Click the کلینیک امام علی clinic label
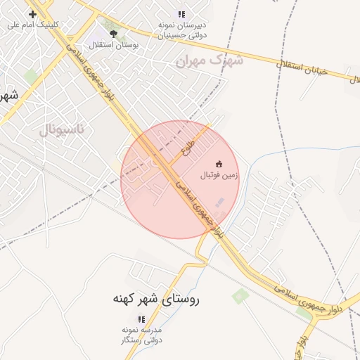pos(33,25)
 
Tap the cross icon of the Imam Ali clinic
pos(33,14)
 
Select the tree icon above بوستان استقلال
pos(114,33)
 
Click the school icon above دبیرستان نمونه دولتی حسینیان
pos(181,14)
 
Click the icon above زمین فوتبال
pos(219,164)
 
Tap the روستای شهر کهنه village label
pos(156,299)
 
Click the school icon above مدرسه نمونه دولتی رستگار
pos(141,319)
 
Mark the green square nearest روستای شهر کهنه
pos(240,295)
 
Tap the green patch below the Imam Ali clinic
pos(31,75)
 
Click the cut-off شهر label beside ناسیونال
pos(7,95)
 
